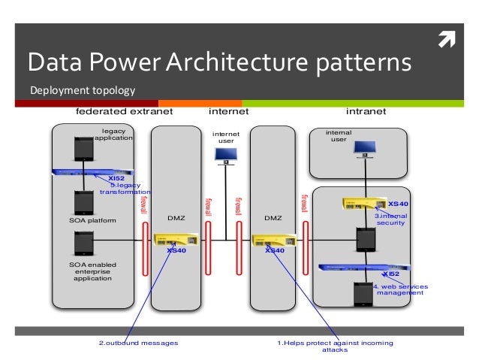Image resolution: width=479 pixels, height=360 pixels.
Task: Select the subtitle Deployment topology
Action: [x=82, y=92]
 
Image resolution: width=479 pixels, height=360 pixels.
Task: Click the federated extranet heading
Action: [x=125, y=111]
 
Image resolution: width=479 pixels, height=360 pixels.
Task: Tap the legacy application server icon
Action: [x=83, y=149]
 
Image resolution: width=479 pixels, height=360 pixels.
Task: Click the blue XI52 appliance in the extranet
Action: [x=97, y=172]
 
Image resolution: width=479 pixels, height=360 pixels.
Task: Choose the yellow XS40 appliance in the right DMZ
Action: [x=273, y=241]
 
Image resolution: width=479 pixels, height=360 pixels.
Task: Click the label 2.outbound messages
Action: [x=138, y=343]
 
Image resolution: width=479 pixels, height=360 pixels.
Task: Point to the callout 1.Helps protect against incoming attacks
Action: [x=335, y=346]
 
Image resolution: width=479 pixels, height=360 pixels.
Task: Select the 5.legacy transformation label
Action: [x=124, y=189]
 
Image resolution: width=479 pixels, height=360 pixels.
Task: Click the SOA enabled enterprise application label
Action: [x=92, y=271]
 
